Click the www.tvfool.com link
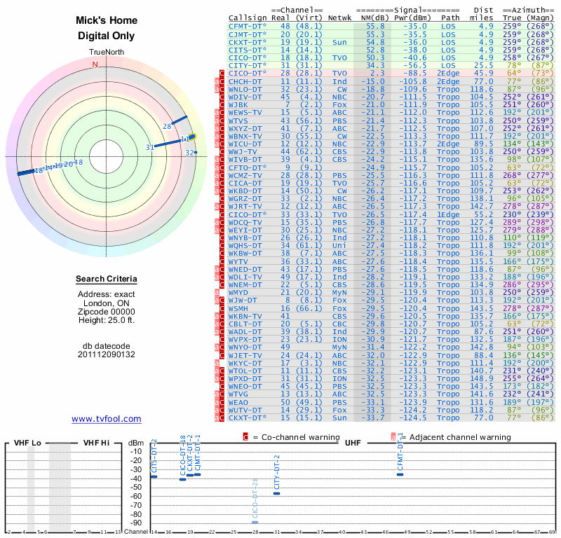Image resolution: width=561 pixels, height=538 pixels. [106, 419]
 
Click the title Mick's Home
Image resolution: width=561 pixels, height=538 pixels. [106, 21]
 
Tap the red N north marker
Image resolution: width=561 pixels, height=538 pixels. [95, 65]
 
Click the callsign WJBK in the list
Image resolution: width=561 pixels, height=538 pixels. [239, 104]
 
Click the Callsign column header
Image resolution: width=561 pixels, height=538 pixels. [247, 17]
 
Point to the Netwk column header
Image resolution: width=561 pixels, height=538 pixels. [340, 17]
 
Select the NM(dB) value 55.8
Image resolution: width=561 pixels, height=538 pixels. [375, 26]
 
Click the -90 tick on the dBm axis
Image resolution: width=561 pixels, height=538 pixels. [135, 523]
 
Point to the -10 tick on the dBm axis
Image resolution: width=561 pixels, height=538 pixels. [135, 451]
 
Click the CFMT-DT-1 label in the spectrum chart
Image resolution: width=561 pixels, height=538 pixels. [400, 453]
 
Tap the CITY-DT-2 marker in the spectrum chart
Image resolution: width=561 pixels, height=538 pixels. [277, 493]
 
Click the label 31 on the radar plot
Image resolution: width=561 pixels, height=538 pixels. [149, 147]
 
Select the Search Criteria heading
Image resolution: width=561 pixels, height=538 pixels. [106, 280]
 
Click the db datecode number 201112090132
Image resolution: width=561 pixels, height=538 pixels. [106, 354]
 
